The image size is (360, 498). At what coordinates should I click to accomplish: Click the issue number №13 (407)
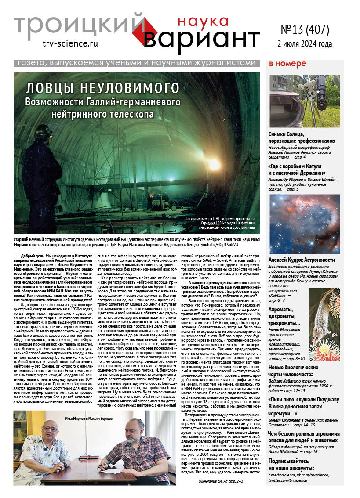(305, 29)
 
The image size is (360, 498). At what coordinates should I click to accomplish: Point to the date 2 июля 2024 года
(305, 44)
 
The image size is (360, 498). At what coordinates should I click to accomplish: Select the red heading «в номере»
(287, 64)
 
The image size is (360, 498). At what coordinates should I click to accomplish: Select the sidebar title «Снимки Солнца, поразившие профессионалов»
(302, 137)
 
